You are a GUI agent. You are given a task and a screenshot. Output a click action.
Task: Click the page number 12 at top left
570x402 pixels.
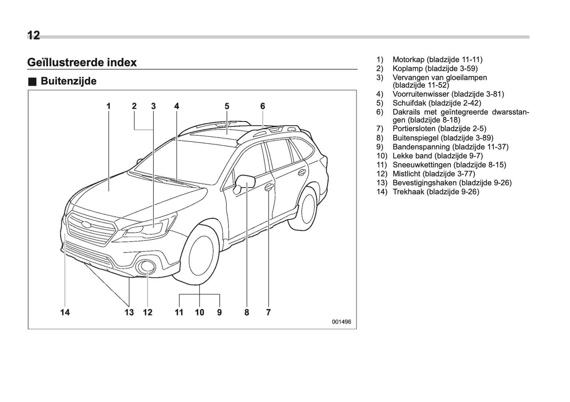coord(34,36)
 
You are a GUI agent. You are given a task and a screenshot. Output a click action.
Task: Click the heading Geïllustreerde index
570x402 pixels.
coord(82,62)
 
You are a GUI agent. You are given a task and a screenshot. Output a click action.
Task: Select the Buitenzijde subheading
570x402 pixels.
coord(68,81)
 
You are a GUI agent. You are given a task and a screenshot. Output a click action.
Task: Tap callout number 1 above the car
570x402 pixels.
coord(108,106)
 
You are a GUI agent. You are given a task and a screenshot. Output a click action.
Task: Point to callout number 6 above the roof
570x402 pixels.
coord(263,106)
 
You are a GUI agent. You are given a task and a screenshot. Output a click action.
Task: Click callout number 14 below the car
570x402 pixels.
coord(65,312)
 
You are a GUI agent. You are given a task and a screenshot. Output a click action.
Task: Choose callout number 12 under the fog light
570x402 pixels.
coord(148,312)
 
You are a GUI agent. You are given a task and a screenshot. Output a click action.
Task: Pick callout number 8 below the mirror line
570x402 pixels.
coord(247,312)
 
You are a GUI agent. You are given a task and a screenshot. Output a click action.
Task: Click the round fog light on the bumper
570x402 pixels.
coord(147,267)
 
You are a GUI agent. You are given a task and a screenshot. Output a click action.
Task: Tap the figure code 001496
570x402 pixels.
coord(341,322)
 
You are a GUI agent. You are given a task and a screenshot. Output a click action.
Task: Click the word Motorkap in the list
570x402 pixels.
coord(409,60)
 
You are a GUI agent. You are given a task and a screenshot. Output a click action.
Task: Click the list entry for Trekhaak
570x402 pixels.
coord(436,192)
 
